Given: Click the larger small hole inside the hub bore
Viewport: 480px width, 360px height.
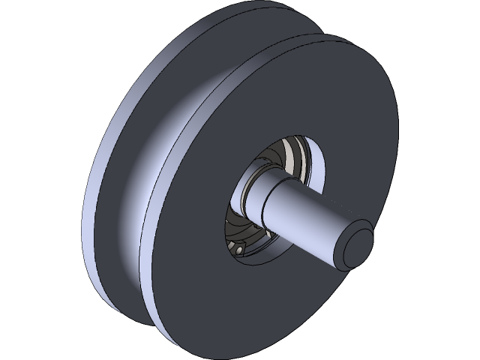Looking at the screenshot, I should click(239, 250).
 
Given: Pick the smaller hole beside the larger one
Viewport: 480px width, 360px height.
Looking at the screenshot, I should click(232, 244).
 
